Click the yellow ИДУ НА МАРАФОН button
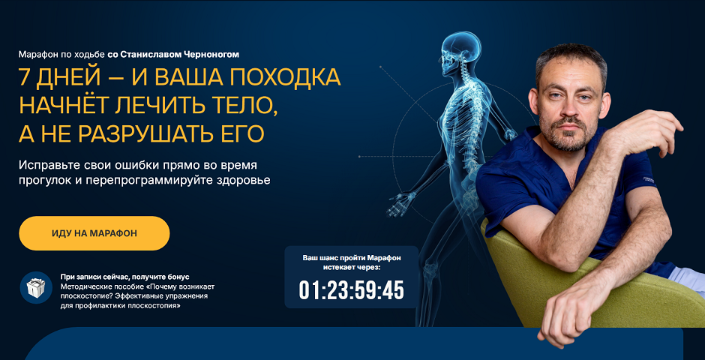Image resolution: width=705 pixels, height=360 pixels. point(94,233)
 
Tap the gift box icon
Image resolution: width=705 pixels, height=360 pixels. point(36,288)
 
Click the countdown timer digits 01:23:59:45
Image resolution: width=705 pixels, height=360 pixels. point(352,291)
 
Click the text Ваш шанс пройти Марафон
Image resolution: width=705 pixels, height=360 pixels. point(352,258)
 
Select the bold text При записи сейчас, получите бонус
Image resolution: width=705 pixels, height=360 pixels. point(125,277)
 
